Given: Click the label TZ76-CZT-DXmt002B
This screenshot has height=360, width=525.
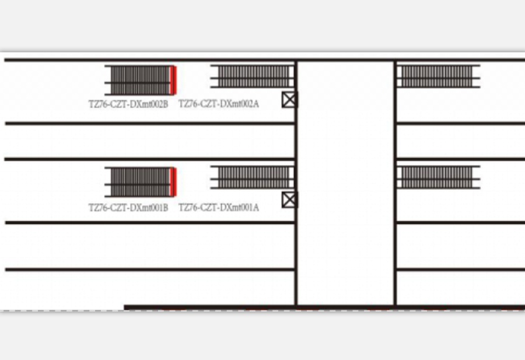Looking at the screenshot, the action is (128, 104).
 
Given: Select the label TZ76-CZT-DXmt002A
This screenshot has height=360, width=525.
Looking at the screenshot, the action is (219, 104).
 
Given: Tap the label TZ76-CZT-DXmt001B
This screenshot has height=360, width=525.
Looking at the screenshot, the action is (128, 208).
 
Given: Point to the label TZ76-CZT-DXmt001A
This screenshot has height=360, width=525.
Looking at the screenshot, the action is (219, 208).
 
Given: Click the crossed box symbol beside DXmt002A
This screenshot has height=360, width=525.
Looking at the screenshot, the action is (289, 99).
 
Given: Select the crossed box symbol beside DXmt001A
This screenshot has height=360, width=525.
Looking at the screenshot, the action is (289, 200).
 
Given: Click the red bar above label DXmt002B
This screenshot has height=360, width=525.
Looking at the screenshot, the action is (173, 81).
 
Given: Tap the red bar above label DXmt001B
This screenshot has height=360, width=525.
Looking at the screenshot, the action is (173, 182).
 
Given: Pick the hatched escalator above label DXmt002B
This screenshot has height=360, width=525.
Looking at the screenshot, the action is (140, 81).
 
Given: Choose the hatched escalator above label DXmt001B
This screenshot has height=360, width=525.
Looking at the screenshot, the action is (140, 182).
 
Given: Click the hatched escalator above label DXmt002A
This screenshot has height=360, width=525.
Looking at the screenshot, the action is (253, 76).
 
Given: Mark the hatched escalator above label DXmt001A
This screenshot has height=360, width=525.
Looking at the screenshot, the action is (253, 177).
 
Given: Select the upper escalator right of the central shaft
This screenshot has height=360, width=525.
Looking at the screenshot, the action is (438, 76).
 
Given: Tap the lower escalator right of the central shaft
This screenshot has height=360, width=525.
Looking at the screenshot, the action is (438, 177).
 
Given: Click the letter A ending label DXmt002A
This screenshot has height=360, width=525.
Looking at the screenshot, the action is (256, 104).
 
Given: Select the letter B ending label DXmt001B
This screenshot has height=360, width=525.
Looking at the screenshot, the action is (166, 208).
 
